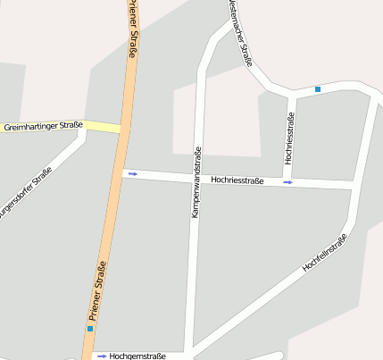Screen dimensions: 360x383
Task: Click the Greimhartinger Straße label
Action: pyautogui.click(x=43, y=126)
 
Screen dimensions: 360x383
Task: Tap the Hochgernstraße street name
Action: pyautogui.click(x=137, y=356)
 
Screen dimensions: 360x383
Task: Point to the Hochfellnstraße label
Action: pyautogui.click(x=324, y=253)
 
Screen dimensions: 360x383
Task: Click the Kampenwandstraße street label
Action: pyautogui.click(x=197, y=184)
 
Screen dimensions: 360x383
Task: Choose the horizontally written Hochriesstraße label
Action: pyautogui.click(x=237, y=180)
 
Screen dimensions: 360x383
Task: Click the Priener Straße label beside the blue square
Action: pyautogui.click(x=97, y=291)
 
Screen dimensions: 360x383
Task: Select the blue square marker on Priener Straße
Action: pyautogui.click(x=89, y=329)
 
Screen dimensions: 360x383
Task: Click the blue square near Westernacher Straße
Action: pyautogui.click(x=318, y=88)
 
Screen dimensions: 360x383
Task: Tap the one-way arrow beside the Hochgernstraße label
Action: pyautogui.click(x=102, y=356)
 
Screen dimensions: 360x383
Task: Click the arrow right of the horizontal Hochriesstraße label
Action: pyautogui.click(x=287, y=182)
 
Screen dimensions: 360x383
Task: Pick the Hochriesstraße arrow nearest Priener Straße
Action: pyautogui.click(x=133, y=173)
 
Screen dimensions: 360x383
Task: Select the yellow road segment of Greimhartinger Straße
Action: pyautogui.click(x=103, y=127)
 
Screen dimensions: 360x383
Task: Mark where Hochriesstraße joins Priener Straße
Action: pyautogui.click(x=121, y=172)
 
